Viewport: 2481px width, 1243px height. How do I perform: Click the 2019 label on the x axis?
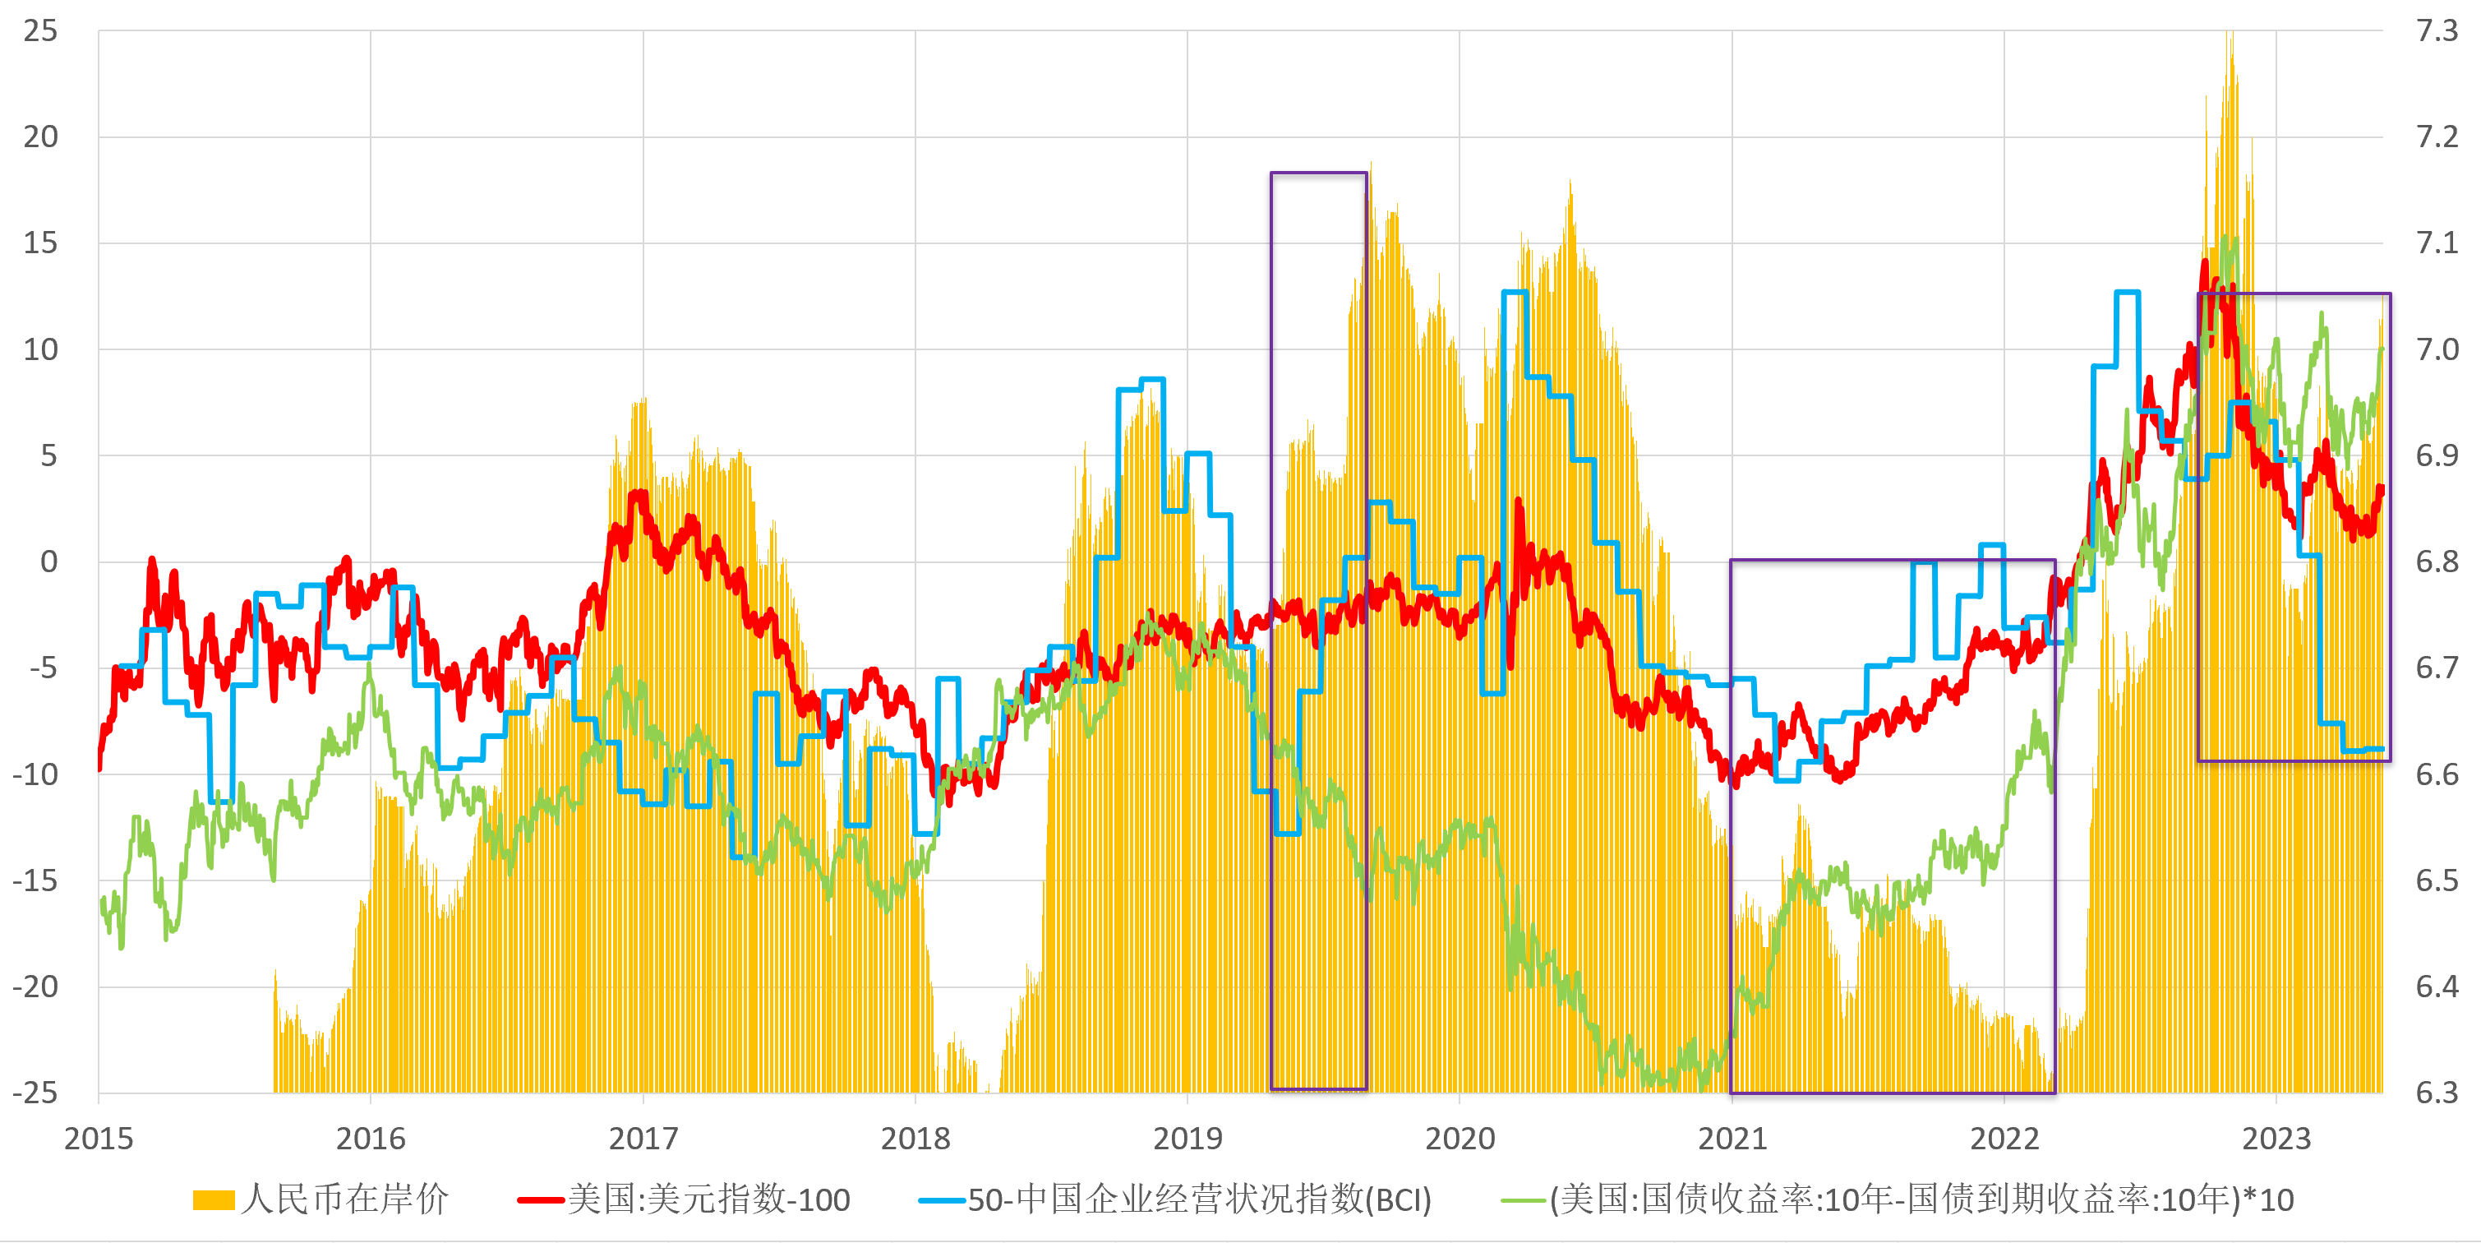1187,1139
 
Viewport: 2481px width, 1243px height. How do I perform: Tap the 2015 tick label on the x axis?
99,1139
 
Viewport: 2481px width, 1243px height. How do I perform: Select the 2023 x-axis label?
2276,1139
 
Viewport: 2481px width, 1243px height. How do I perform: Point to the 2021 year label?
1732,1139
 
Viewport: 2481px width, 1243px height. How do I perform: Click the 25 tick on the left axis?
40,31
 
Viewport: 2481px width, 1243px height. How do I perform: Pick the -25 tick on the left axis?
35,1093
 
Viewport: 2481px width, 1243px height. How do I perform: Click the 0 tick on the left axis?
48,561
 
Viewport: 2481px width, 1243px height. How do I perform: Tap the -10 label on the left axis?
35,774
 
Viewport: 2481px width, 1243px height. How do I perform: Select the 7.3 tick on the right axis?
2437,31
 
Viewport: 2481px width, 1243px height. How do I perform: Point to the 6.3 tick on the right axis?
2437,1093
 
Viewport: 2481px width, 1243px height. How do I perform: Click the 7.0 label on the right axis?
2437,349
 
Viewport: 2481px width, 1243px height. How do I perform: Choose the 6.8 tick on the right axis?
2437,561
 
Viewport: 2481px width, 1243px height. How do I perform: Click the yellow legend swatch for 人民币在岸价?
213,1199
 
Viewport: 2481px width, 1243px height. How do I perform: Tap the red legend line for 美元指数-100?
540,1199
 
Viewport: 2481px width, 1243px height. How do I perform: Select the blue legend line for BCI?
941,1199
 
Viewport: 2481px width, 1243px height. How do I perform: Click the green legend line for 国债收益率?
1524,1199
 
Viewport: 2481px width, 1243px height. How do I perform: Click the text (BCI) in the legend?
1399,1199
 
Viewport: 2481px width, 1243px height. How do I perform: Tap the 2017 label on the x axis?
643,1139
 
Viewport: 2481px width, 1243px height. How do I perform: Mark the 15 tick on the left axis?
40,243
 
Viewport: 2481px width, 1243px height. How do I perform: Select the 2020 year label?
1460,1139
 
